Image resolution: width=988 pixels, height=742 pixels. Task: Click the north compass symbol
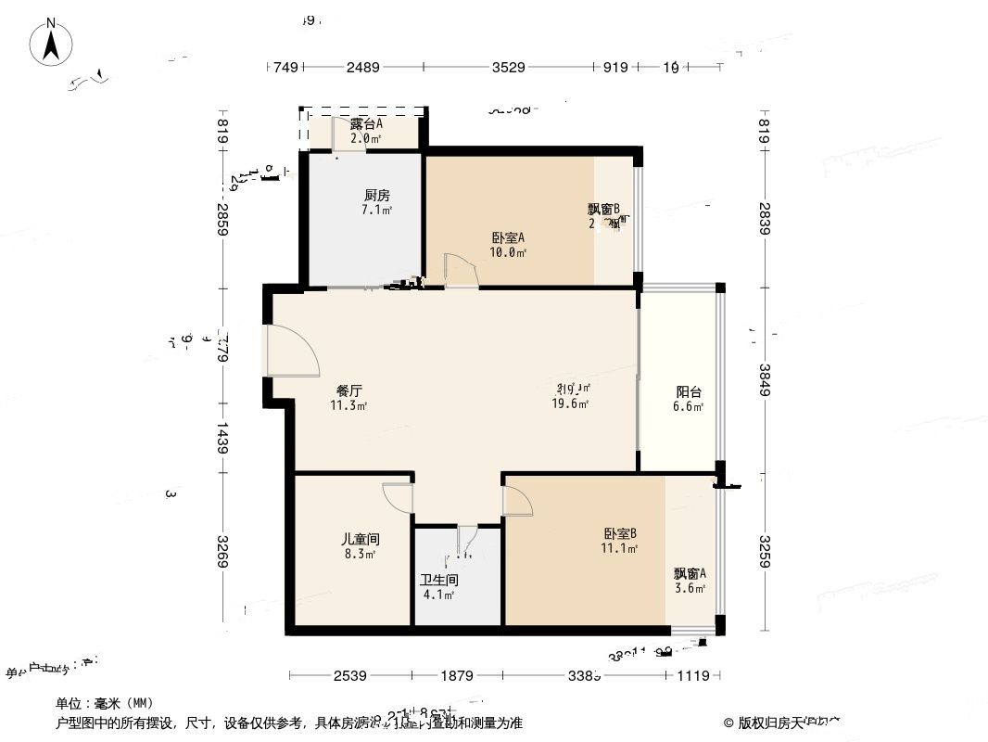(x=54, y=44)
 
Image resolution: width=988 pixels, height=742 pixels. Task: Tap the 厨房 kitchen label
(x=376, y=196)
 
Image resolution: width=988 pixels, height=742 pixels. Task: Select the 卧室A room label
(x=509, y=237)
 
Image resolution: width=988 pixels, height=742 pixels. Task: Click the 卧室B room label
(x=620, y=533)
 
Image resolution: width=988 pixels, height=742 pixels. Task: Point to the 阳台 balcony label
(x=688, y=391)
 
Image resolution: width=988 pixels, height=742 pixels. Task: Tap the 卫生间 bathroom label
(x=439, y=580)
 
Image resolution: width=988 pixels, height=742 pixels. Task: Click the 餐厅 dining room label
(x=348, y=390)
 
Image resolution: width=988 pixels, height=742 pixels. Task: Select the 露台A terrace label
(x=367, y=124)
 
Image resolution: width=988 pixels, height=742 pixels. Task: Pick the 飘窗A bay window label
(x=690, y=573)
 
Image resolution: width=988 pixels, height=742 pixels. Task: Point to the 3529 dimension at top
(x=508, y=67)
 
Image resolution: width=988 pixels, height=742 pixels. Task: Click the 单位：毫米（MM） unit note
(x=104, y=703)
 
